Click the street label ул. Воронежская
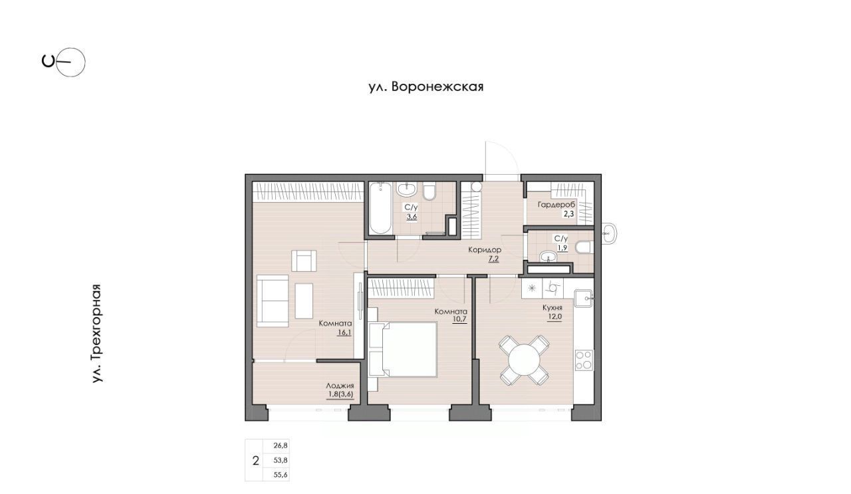click(x=426, y=86)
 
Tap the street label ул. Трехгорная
click(x=96, y=333)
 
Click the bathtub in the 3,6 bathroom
click(x=380, y=208)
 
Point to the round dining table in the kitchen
click(x=524, y=360)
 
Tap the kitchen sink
click(x=583, y=298)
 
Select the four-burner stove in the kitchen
click(x=584, y=360)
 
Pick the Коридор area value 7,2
click(x=493, y=259)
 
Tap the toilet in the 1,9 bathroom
click(x=584, y=247)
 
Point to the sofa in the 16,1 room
click(x=273, y=301)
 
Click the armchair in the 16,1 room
click(x=304, y=261)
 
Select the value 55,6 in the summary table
click(x=281, y=475)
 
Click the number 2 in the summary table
click(x=256, y=461)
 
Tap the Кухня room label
click(x=552, y=308)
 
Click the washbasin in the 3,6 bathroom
click(x=407, y=188)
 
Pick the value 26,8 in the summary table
click(x=281, y=445)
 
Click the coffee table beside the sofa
click(x=304, y=301)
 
